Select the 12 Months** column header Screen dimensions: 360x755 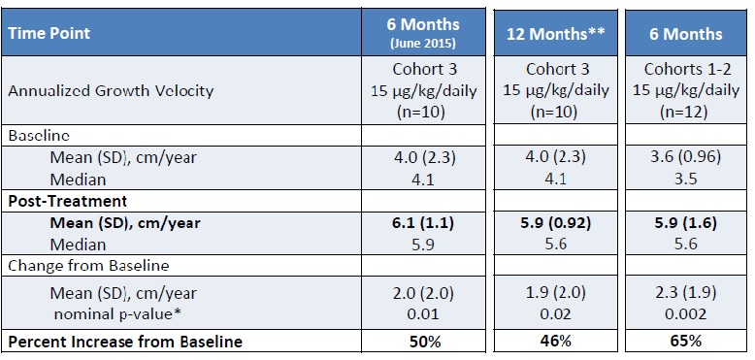point(550,34)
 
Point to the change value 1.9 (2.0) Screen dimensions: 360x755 point(550,293)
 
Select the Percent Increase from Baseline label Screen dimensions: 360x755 point(123,342)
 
